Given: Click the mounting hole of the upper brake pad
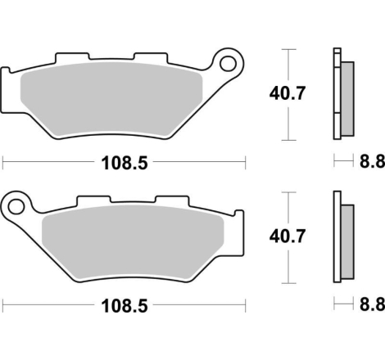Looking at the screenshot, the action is [228, 64].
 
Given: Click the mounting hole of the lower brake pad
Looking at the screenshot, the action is [16, 207].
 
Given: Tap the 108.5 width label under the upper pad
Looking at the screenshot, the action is [125, 163].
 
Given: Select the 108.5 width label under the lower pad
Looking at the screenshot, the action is [125, 306].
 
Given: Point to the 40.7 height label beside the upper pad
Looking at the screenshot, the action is [287, 93].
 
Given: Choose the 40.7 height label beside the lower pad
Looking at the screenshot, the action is [287, 236].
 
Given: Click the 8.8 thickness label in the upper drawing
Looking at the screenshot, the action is [372, 161].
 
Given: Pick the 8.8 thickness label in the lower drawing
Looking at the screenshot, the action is [372, 304].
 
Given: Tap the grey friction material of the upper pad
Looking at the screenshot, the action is [111, 99].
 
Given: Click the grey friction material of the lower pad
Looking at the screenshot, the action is [133, 241].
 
